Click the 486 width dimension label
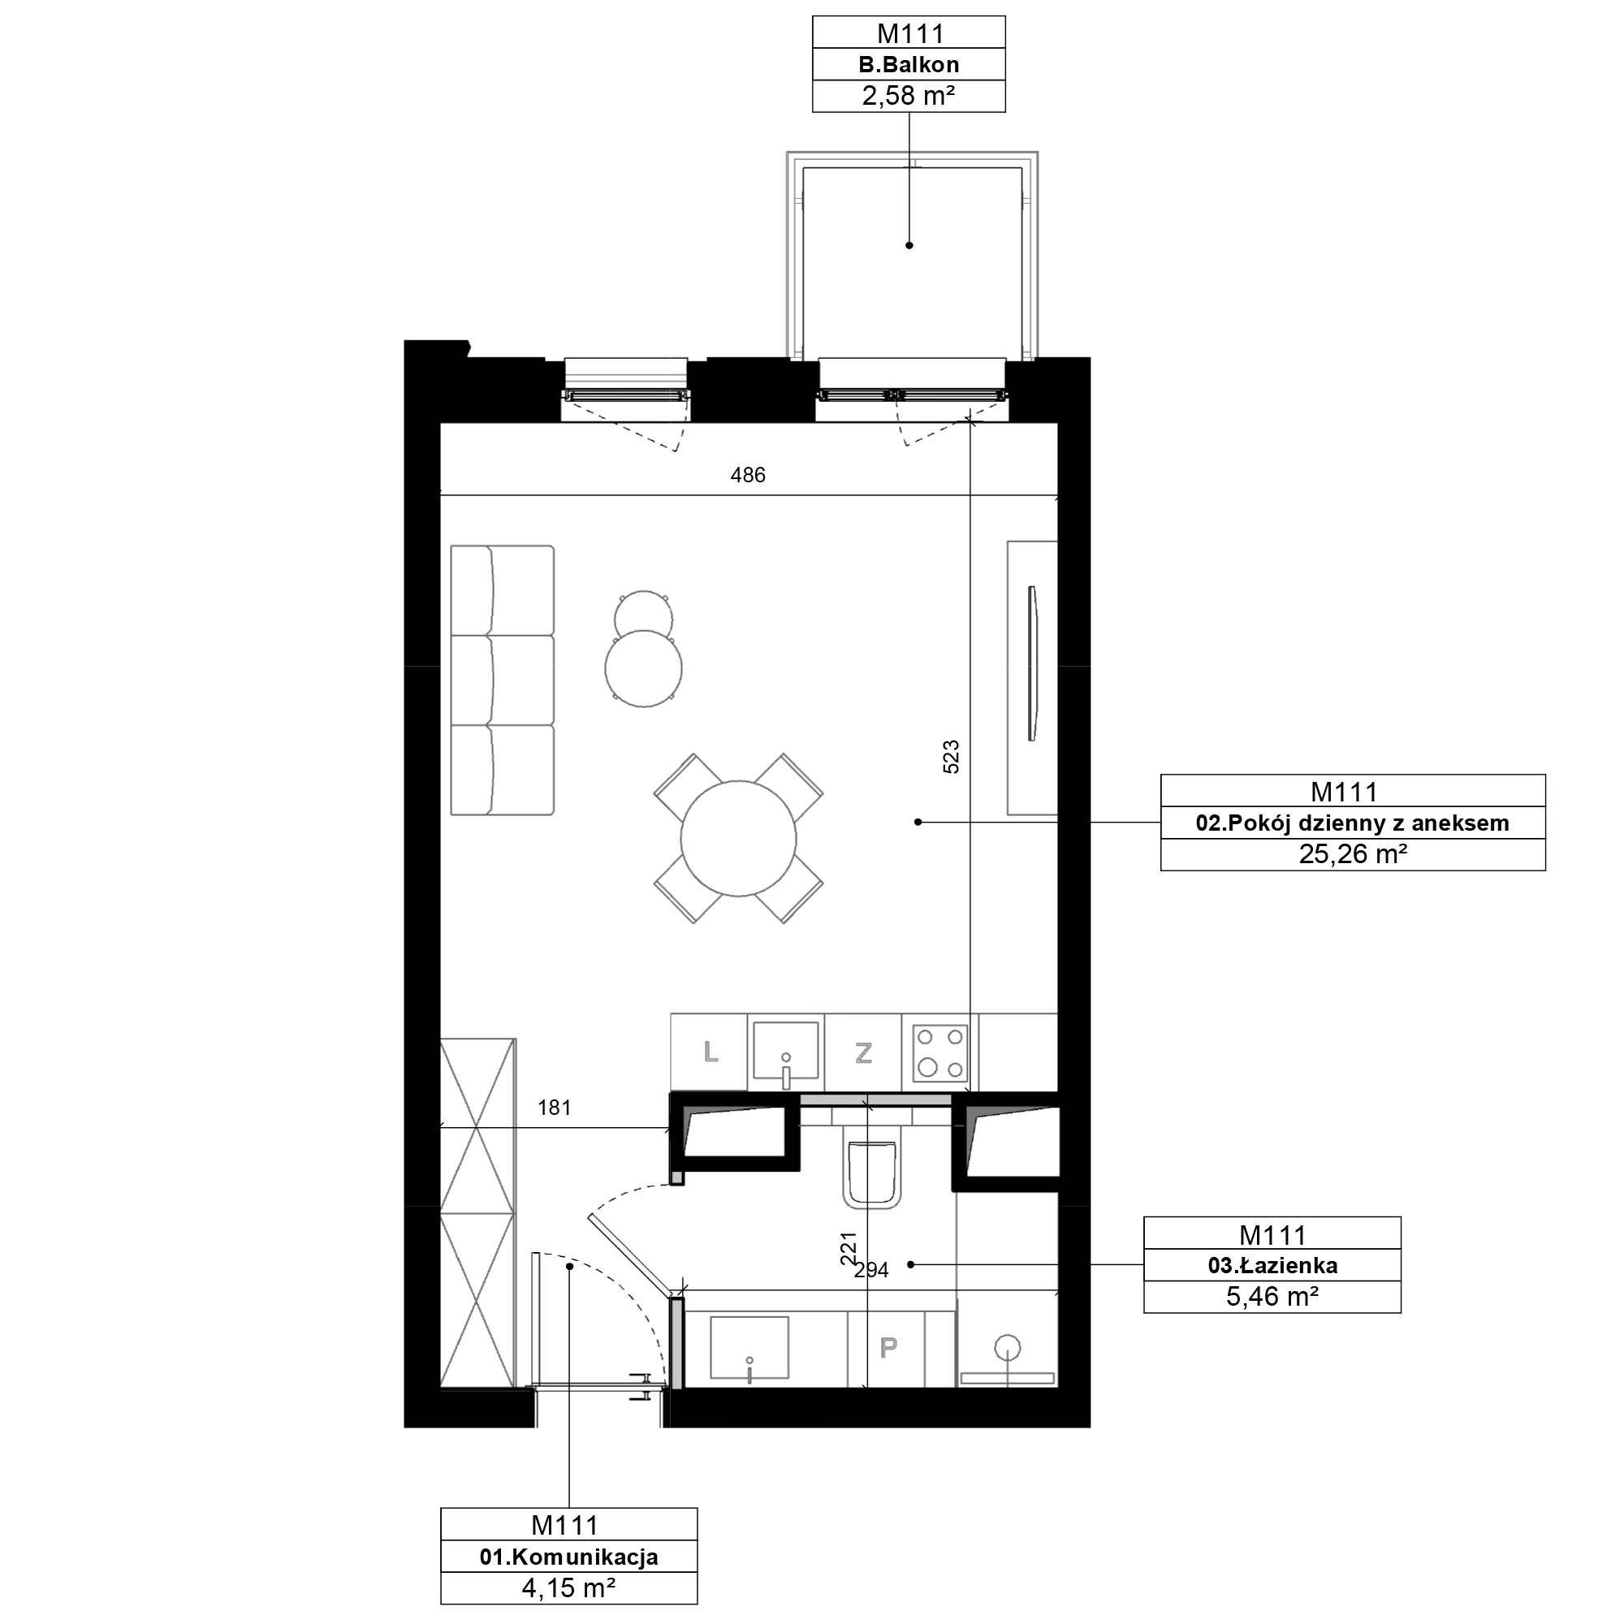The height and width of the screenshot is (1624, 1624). coord(747,476)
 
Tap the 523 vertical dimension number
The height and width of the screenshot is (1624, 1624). coord(951,757)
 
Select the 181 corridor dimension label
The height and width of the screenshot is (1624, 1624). coord(555,1108)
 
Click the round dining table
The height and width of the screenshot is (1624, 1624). coord(738,838)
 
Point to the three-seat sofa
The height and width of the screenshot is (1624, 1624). coord(503,680)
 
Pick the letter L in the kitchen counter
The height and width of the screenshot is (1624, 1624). coord(711,1052)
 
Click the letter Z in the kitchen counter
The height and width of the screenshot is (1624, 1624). coord(863,1052)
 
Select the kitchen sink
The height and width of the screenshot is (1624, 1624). coord(786,1051)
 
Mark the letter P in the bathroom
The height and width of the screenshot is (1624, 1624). coord(888,1348)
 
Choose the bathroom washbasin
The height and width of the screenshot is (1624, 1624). coord(749,1348)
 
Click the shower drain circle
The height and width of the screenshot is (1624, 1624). coord(1008,1347)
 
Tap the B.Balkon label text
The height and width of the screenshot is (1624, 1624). coord(909,65)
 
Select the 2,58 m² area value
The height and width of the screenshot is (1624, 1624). coord(909,96)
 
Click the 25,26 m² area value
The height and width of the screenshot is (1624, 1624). coord(1353,854)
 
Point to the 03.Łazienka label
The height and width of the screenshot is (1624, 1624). coord(1272,1265)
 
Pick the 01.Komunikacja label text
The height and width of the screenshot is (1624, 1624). coord(569,1557)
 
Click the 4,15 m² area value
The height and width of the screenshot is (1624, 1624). coord(569,1587)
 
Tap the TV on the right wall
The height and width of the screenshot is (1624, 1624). coord(1033,664)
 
